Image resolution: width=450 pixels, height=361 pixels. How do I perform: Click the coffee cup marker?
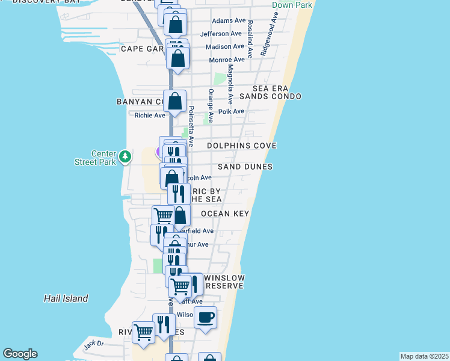click(206, 318)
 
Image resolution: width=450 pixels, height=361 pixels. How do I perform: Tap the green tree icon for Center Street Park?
click(125, 157)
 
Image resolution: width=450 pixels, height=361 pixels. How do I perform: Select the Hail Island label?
click(66, 298)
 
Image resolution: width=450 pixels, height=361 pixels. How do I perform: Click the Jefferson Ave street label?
click(221, 34)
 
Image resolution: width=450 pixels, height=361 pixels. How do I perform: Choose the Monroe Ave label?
click(226, 60)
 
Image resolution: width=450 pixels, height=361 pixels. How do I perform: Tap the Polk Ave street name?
click(232, 111)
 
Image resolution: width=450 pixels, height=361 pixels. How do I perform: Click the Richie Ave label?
click(150, 116)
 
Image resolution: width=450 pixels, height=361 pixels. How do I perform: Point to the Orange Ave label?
click(211, 100)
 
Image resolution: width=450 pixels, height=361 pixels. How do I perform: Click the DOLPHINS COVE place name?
click(242, 146)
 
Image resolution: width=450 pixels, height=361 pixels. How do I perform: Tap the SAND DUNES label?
click(245, 167)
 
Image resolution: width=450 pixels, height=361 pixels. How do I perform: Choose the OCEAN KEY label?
click(225, 214)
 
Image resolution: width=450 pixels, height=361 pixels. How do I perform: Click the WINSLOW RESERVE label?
click(224, 282)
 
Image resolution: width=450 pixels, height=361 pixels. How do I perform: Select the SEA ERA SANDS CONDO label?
click(270, 92)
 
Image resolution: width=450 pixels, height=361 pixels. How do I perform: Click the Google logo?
click(20, 354)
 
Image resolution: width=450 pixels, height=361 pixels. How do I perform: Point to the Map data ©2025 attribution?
click(424, 356)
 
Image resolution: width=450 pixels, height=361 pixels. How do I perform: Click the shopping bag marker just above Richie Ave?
click(175, 100)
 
